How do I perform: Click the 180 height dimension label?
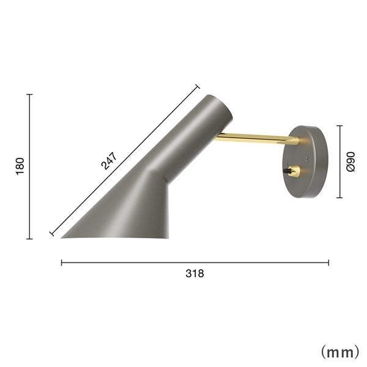20,166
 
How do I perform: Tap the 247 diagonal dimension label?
109,161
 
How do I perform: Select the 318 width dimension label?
195,273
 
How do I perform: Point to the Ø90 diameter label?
350,161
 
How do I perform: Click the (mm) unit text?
339,352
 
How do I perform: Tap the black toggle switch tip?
285,171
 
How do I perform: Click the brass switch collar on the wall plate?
294,171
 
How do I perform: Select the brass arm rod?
257,138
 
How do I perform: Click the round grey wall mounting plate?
305,161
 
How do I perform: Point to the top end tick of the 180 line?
29,94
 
